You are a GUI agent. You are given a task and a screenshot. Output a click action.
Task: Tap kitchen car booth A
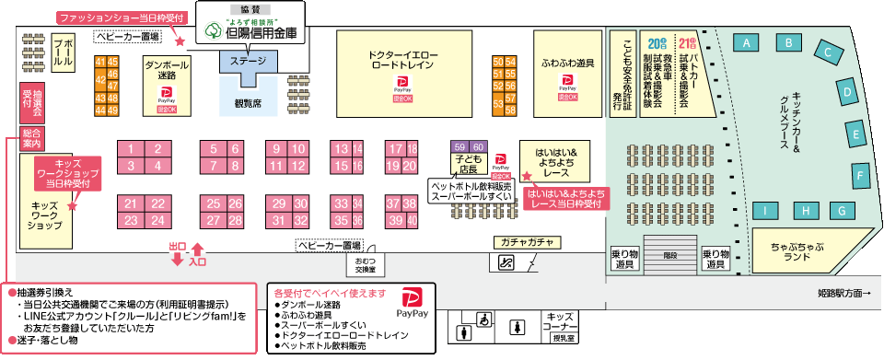pyautogui.click(x=749, y=42)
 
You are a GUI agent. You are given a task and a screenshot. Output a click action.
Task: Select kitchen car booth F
pyautogui.click(x=862, y=174)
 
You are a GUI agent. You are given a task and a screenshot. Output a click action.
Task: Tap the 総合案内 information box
pyautogui.click(x=32, y=139)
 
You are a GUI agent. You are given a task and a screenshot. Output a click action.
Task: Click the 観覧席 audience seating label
pyautogui.click(x=249, y=103)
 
